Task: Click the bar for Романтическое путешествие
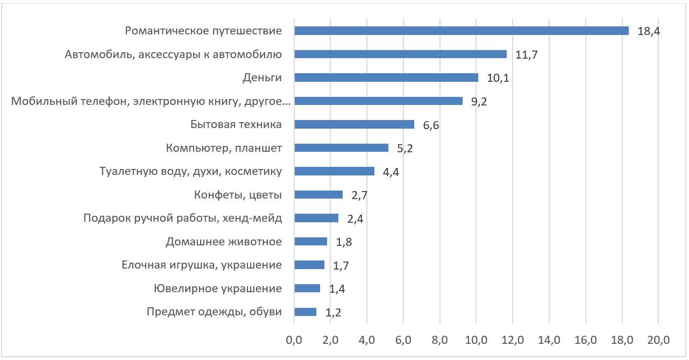pos(461,31)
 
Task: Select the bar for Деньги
pos(386,77)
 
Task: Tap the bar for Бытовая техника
pos(354,124)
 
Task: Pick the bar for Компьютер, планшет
pos(342,148)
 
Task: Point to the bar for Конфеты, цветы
pos(318,195)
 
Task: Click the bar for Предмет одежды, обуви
pos(306,312)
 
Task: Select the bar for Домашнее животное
pos(311,242)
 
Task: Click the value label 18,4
pos(649,31)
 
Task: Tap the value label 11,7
pos(527,54)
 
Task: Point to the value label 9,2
pos(479,101)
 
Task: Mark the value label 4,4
pos(391,172)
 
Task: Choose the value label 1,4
pos(337,289)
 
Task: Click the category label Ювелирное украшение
pos(217,288)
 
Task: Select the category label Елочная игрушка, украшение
pos(202,265)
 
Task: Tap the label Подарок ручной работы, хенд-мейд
pos(183,218)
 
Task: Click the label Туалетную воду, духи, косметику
pos(191,172)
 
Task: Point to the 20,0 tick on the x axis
pos(658,340)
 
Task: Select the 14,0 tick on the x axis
pos(549,340)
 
